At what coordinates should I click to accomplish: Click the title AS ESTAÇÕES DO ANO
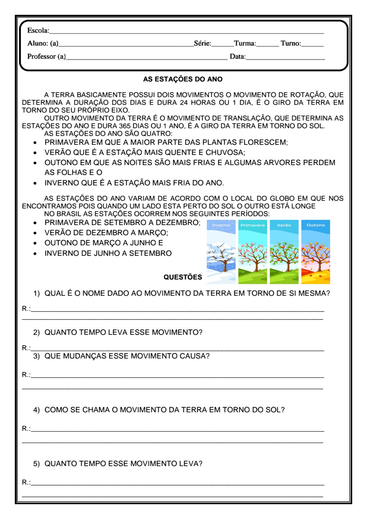coord(183,79)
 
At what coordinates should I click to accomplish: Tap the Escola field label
coord(38,31)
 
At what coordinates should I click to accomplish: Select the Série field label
coord(202,44)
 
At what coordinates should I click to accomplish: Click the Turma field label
coord(245,44)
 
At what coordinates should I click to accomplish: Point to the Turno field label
coord(291,44)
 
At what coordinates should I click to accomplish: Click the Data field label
coord(237,57)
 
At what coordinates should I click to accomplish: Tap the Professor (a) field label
coord(46,56)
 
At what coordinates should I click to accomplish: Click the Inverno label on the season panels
coord(221,225)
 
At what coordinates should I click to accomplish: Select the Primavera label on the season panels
coord(253,225)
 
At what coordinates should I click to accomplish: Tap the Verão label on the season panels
coord(284,225)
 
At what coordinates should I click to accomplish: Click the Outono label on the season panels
coord(315,225)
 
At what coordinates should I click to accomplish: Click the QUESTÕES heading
coord(183,277)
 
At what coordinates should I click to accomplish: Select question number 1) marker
coord(37,293)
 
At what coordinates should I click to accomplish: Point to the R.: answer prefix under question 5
coord(26,482)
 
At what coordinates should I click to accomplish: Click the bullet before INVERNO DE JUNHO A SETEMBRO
coord(35,254)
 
